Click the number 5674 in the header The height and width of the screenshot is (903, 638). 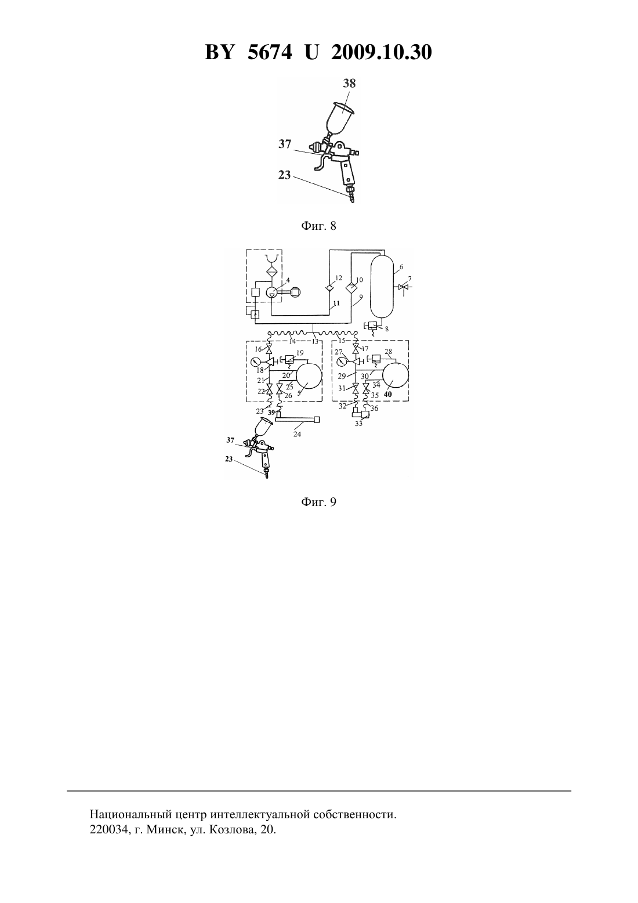(x=270, y=52)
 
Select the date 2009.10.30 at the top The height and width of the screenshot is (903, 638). (x=382, y=52)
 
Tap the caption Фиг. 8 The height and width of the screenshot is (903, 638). (x=318, y=226)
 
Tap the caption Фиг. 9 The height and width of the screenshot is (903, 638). (x=318, y=502)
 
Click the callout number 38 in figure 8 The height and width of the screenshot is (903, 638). (x=349, y=84)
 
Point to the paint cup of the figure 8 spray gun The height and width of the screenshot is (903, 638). (x=339, y=117)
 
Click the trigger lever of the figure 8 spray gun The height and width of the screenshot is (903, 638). (x=321, y=162)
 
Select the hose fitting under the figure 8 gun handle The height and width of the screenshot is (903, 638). (x=350, y=194)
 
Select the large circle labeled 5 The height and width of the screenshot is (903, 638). (x=309, y=375)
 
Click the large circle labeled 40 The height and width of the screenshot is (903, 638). (x=395, y=375)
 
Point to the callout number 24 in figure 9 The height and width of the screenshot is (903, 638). (x=297, y=434)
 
